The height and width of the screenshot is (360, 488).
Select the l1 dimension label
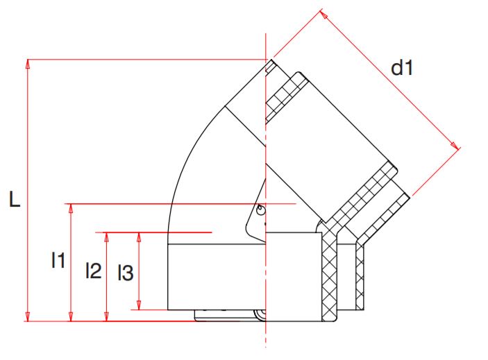click(58, 261)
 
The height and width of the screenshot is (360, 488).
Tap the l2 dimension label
click(93, 270)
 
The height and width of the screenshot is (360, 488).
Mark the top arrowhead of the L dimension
click(28, 63)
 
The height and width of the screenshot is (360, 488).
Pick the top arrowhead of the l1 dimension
click(71, 208)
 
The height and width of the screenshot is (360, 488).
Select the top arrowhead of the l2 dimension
click(106, 237)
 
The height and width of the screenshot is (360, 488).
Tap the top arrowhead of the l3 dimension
click(139, 237)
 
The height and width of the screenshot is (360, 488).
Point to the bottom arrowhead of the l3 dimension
click(139, 305)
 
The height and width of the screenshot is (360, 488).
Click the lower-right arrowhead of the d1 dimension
click(455, 146)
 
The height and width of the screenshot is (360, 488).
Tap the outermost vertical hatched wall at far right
click(359, 277)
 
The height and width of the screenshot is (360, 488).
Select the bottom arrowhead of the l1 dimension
click(71, 317)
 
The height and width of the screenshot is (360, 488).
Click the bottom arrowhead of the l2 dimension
click(106, 317)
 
